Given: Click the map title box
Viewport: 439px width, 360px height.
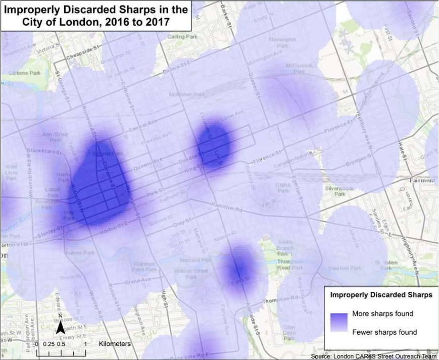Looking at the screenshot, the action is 96,16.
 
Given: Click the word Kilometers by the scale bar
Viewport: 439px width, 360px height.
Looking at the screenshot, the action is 115,343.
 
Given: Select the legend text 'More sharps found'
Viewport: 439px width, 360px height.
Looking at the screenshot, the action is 382,314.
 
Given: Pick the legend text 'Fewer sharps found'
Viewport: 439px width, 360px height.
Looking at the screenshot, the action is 384,332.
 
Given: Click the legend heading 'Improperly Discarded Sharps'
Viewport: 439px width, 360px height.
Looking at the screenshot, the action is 381,294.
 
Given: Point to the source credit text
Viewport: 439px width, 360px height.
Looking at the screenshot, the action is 373,356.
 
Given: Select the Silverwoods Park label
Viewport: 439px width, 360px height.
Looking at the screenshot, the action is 346,190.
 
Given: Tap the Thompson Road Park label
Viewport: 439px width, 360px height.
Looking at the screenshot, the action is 290,265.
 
